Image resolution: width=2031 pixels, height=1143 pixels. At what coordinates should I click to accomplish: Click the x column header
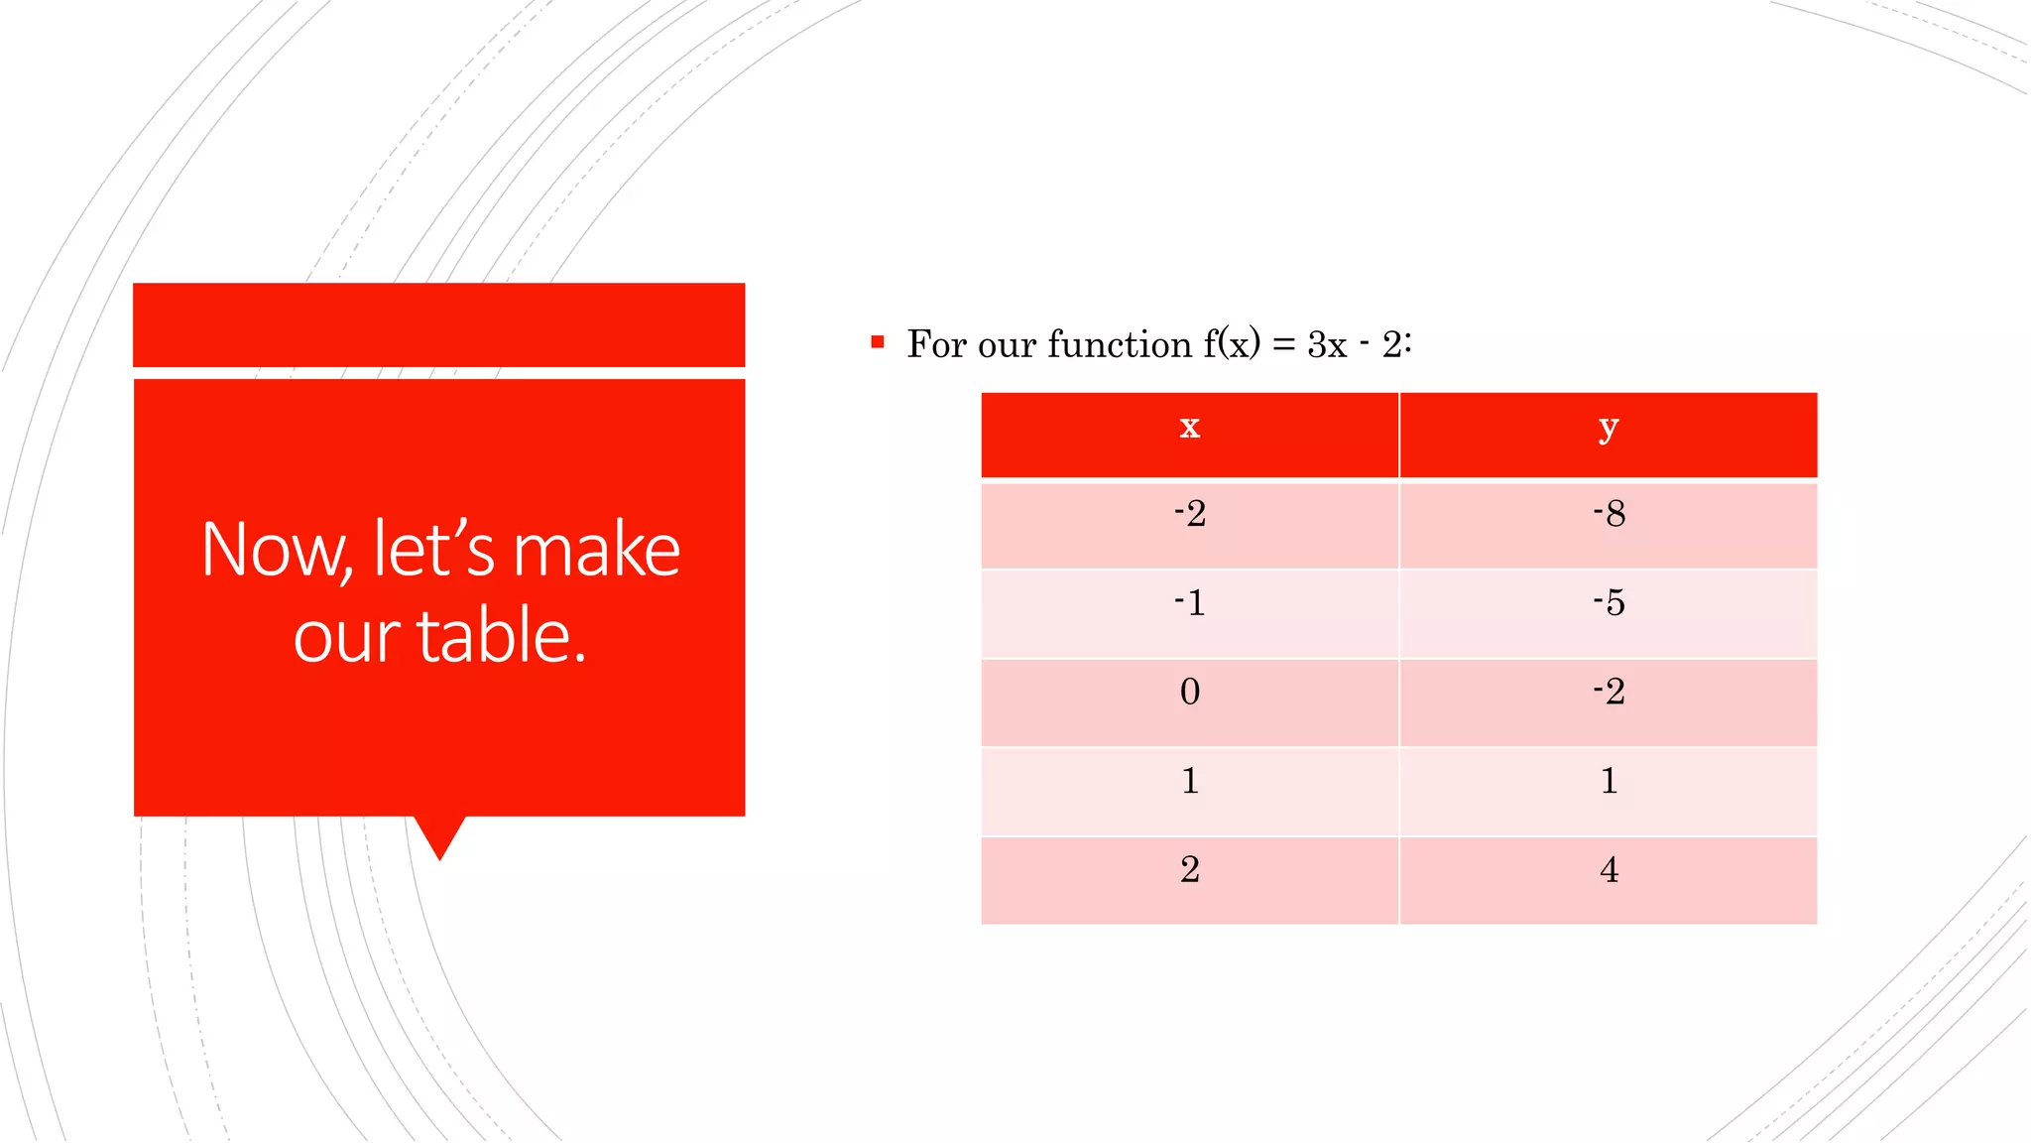(1189, 429)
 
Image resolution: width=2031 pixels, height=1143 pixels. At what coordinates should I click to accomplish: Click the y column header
(1608, 429)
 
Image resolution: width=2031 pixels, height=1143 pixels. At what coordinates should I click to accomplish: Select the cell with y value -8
(1608, 515)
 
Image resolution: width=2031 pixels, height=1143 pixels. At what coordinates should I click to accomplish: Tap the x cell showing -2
(1189, 515)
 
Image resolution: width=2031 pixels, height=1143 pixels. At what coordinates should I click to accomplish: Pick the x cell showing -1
(1189, 603)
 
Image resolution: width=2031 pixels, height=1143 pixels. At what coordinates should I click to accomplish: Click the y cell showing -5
(1608, 603)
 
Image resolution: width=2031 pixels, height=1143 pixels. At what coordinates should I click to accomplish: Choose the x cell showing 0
(1189, 693)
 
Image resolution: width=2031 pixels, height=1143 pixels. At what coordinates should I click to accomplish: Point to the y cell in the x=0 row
(1608, 693)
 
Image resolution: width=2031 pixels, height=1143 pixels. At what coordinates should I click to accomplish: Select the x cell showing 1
(1189, 782)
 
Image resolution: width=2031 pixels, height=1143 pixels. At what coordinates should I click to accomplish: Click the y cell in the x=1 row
(1608, 782)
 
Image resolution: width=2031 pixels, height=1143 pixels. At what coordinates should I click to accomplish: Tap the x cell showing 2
(1189, 871)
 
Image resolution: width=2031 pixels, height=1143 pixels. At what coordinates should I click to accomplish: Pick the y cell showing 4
(1608, 871)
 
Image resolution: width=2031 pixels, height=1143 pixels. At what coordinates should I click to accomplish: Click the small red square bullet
(877, 342)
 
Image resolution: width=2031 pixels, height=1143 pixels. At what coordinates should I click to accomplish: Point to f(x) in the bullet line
(1232, 344)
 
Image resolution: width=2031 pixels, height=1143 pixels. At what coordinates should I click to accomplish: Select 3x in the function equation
(1327, 345)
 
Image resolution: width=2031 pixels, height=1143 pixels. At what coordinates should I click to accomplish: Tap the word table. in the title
(502, 636)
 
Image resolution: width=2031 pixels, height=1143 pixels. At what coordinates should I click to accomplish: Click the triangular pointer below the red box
(439, 836)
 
